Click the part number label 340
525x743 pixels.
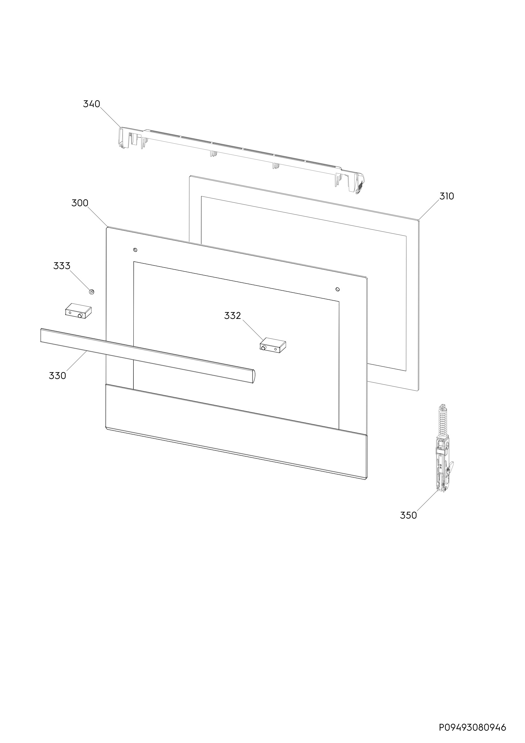[92, 104]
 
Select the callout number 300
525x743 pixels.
[80, 203]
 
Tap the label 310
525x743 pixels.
[447, 196]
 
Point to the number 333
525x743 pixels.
[62, 266]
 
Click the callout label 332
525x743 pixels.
[232, 315]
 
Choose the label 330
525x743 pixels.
[58, 376]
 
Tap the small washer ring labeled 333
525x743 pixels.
[92, 292]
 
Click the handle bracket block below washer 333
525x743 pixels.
[79, 311]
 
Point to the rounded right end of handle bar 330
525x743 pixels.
[253, 376]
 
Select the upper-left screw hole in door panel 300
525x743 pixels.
[135, 250]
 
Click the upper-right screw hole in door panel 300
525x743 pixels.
[337, 289]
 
